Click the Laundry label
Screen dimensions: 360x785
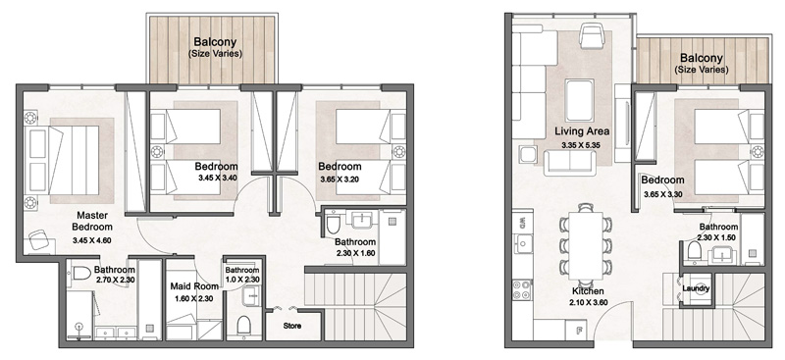tap(697, 288)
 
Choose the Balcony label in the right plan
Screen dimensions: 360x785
tap(702, 58)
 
